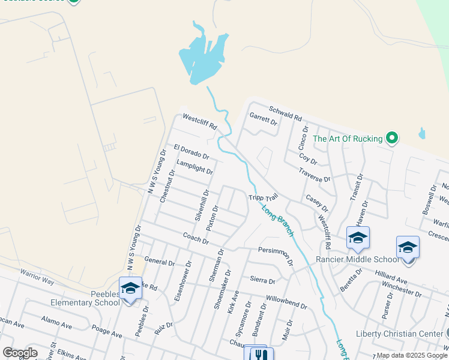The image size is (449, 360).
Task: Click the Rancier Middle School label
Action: pyautogui.click(x=358, y=259)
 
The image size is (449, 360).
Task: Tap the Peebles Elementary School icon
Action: pyautogui.click(x=130, y=289)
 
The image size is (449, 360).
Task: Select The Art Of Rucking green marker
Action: pyautogui.click(x=392, y=139)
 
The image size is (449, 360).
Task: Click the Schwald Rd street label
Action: pyautogui.click(x=285, y=113)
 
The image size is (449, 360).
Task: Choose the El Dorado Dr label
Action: pyautogui.click(x=191, y=151)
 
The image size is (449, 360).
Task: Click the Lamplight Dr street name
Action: pyautogui.click(x=194, y=167)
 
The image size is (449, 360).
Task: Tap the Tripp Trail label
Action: pyautogui.click(x=264, y=197)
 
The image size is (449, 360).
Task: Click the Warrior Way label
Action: pyautogui.click(x=37, y=277)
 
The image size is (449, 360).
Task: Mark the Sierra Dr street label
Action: pyautogui.click(x=262, y=280)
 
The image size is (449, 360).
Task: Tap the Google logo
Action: pyautogui.click(x=19, y=352)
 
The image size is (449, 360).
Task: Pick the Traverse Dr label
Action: pyautogui.click(x=315, y=175)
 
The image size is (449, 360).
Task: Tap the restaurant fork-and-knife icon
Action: pyautogui.click(x=259, y=354)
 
